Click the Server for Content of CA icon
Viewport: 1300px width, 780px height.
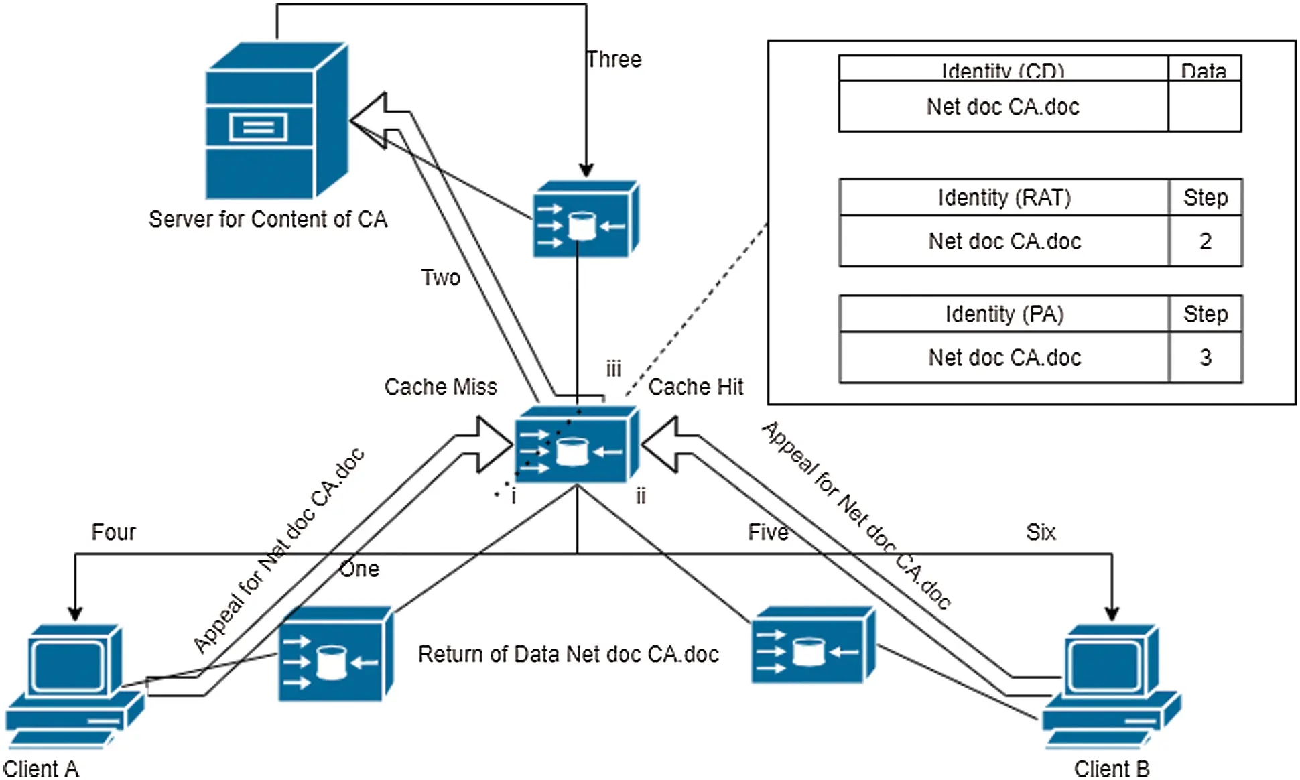[276, 121]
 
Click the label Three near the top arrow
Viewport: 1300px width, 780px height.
[614, 60]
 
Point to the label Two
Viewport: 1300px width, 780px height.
[440, 277]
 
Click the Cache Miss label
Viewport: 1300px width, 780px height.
[440, 387]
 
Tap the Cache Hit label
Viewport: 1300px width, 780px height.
[696, 387]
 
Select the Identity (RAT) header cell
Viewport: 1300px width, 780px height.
[1004, 198]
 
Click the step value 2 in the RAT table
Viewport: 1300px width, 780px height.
[1205, 241]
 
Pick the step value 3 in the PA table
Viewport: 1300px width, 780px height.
[1205, 358]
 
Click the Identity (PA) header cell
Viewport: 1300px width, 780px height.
[1004, 314]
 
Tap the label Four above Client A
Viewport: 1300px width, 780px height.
[113, 533]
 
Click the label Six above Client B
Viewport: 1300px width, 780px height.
[1041, 533]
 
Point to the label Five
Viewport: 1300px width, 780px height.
[768, 533]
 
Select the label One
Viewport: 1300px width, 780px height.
[359, 569]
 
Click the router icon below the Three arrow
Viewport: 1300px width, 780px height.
[585, 219]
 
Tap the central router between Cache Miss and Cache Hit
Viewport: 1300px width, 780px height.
[576, 445]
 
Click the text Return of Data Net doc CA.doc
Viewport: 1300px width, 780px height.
[568, 655]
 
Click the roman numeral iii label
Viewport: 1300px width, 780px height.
[613, 369]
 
